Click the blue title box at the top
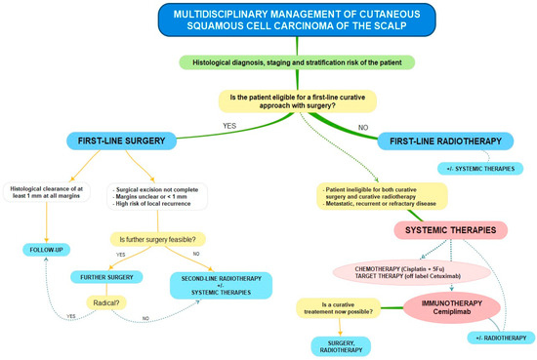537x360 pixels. click(x=268, y=22)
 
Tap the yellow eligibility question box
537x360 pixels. click(x=268, y=100)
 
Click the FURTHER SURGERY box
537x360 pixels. click(x=101, y=276)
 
